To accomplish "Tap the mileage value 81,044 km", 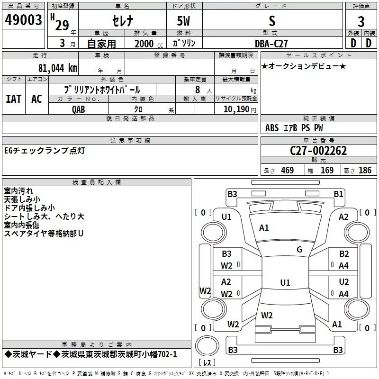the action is (x=58, y=68).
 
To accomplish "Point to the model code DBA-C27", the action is (x=271, y=43).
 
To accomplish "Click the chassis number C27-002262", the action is (x=318, y=151).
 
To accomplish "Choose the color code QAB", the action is (x=79, y=109).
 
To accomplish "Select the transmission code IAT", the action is (x=14, y=99).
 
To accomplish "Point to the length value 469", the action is (x=287, y=171).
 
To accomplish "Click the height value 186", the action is (x=365, y=171).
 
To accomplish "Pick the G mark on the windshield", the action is (x=299, y=249).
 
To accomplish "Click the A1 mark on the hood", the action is (x=264, y=228).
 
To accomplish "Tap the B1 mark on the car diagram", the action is (x=338, y=194).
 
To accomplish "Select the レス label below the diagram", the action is (x=207, y=363).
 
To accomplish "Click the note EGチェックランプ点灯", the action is (x=45, y=151).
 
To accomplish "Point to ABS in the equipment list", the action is (x=272, y=128).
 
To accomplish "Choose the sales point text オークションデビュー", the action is (x=303, y=66).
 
